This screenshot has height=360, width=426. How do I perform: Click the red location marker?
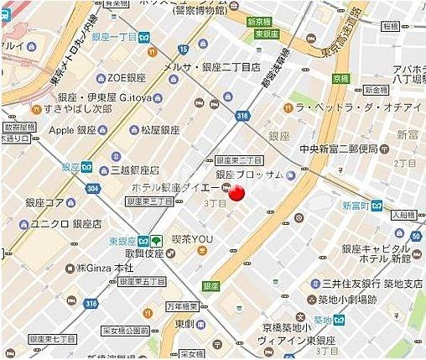(x=236, y=193)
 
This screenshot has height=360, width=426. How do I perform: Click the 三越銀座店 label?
(x=136, y=170)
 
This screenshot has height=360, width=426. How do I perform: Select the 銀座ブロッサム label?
(x=251, y=175)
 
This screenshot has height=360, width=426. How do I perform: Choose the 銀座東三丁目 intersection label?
(x=239, y=159)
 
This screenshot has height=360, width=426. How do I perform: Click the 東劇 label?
(x=186, y=324)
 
